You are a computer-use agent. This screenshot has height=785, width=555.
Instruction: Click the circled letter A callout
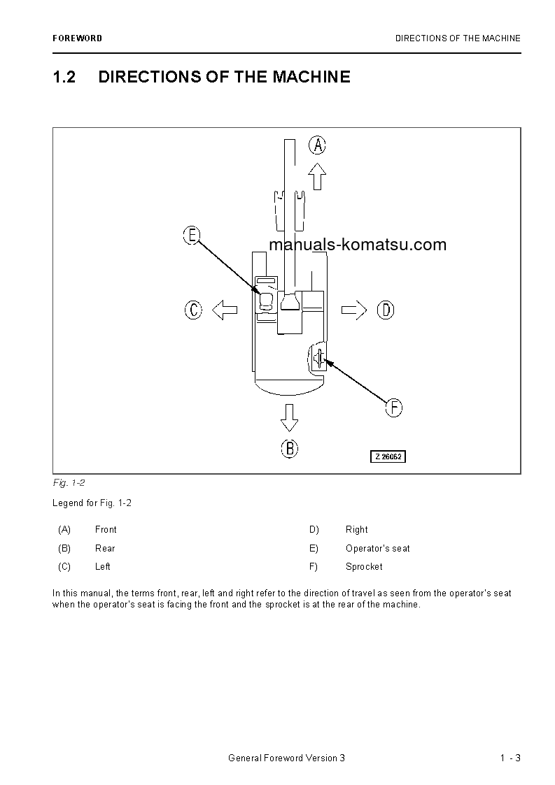tap(318, 145)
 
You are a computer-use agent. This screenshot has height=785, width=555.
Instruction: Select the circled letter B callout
tap(290, 448)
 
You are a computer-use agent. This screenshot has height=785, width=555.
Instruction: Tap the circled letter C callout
tap(193, 310)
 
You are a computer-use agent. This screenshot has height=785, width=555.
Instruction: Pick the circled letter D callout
tap(386, 310)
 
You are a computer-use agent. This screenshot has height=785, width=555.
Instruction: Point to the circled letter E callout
tap(192, 236)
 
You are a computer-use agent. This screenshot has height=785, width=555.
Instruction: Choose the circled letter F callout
tap(394, 408)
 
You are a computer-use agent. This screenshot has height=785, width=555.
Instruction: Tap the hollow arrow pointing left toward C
tap(225, 310)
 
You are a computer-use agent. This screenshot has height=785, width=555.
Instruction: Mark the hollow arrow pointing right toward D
tap(354, 310)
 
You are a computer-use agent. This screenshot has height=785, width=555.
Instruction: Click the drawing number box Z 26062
tap(388, 456)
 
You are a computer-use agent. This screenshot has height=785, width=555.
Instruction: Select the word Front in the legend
tap(106, 530)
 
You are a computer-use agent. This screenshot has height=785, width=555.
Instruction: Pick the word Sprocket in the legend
tap(364, 567)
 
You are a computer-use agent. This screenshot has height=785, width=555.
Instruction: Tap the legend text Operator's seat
tap(377, 549)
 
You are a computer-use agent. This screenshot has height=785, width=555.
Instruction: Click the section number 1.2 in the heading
tap(64, 77)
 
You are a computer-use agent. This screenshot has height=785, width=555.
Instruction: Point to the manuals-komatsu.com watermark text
tap(357, 245)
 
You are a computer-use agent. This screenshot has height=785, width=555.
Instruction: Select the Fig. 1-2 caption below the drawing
tap(69, 483)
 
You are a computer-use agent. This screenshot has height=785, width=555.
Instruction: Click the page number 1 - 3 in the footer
tap(510, 758)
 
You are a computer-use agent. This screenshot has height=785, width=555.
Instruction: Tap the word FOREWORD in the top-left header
tap(77, 38)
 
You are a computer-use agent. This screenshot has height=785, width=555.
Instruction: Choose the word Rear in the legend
tap(105, 549)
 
